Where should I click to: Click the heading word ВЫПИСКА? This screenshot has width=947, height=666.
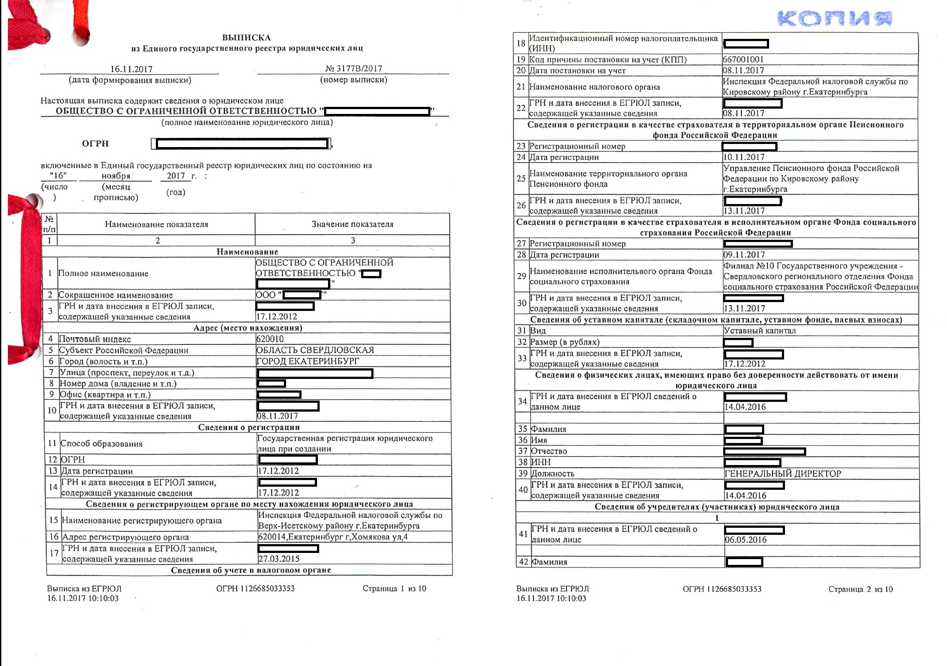[x=246, y=38]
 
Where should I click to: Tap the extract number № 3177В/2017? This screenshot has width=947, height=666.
[x=354, y=68]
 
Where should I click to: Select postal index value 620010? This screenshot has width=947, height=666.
[x=270, y=339]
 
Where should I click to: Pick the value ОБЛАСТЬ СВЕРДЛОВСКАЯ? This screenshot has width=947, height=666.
[x=315, y=350]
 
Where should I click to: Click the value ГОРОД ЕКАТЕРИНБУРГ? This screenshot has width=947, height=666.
[x=308, y=361]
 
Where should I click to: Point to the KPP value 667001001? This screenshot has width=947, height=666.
[x=743, y=60]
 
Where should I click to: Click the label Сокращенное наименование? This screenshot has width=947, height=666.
[x=115, y=295]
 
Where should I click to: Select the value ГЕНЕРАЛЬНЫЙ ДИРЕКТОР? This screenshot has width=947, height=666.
[x=783, y=473]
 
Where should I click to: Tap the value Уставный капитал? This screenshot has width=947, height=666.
[x=760, y=331]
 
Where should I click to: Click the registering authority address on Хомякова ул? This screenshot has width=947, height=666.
[x=333, y=537]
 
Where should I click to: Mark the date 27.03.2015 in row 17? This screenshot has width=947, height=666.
[x=279, y=559]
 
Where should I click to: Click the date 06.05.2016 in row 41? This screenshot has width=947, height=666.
[x=746, y=540]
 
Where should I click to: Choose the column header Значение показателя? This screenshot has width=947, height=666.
[x=352, y=224]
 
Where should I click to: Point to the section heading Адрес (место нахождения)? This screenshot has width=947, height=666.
[x=248, y=328]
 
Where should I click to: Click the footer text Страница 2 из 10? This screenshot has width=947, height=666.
[x=860, y=589]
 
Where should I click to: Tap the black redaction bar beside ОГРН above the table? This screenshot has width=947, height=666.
[x=242, y=144]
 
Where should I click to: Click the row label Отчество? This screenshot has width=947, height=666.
[x=549, y=451]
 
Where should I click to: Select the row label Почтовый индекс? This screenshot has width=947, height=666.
[x=95, y=339]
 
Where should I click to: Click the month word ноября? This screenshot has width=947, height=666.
[x=116, y=176]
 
